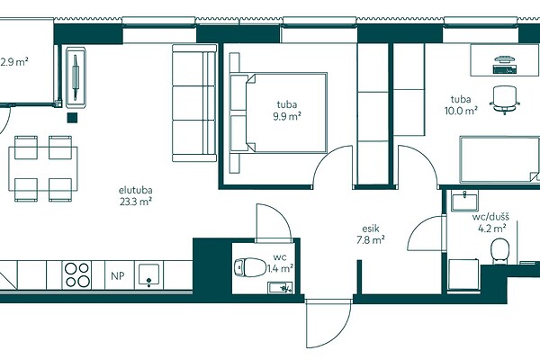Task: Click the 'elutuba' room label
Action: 136,190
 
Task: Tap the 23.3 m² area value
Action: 136,202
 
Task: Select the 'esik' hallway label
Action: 371,229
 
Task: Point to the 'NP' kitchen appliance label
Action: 118,275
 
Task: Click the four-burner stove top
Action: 76,274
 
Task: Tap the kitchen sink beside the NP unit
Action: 148,274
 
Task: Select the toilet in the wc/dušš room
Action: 500,251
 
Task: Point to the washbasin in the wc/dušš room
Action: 464,202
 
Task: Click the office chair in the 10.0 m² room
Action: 505,100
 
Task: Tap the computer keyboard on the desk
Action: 505,69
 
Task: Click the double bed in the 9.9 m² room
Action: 278,112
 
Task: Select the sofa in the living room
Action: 194,103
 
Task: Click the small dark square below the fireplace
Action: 72,118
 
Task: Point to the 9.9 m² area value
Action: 287,116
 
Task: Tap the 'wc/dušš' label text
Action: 490,217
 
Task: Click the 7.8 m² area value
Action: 371,239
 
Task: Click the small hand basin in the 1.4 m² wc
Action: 280,288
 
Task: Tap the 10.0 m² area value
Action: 461,111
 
